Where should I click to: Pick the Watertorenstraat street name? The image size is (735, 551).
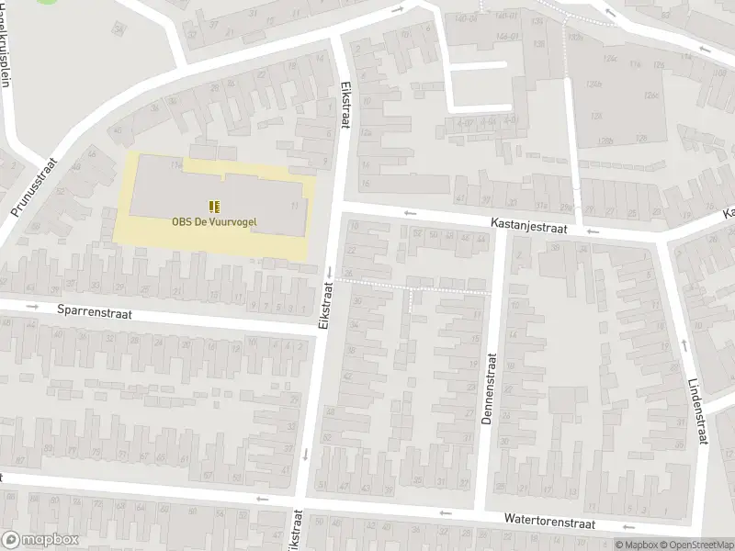click(x=549, y=520)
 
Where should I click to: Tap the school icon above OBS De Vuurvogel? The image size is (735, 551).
click(x=213, y=207)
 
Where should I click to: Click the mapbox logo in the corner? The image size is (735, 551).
click(x=38, y=539)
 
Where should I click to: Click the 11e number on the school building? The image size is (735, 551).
click(x=175, y=164)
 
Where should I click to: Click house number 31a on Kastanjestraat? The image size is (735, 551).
click(x=542, y=206)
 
